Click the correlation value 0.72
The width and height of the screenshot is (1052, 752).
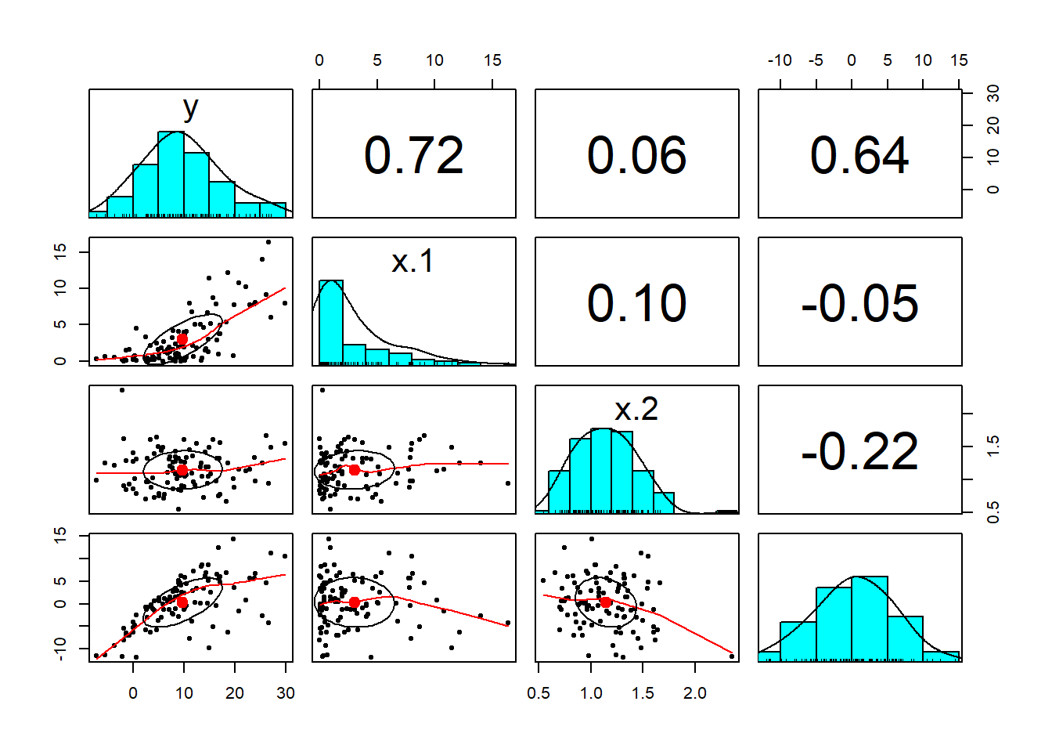414,155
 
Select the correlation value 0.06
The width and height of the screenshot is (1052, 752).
637,155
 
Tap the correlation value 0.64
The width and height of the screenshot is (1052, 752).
859,155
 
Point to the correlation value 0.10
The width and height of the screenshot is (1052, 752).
637,303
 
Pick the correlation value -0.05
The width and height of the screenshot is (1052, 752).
859,303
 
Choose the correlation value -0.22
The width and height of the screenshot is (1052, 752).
859,451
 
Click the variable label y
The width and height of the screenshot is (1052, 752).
190,107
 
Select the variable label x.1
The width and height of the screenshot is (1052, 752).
413,261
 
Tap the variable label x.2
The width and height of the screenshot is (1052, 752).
636,409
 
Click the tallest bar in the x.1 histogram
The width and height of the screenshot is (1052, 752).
331,321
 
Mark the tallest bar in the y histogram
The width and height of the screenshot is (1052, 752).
171,174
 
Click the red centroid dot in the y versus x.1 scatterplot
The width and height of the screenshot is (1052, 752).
182,338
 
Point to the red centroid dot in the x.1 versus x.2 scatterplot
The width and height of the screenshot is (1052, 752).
355,470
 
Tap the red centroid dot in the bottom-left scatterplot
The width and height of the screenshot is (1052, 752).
182,602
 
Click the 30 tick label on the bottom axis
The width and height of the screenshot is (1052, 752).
286,693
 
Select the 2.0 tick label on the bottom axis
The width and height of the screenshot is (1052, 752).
695,693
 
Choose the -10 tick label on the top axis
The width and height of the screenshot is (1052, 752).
780,60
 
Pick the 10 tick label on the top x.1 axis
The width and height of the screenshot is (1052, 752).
434,60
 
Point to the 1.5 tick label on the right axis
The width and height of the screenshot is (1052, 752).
993,446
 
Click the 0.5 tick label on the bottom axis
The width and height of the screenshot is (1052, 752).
539,693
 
